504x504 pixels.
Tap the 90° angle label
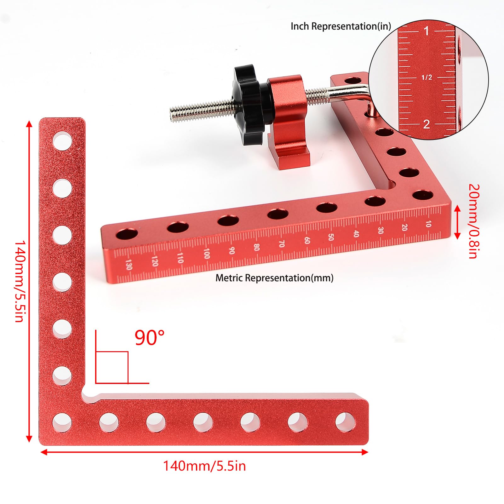[149, 338]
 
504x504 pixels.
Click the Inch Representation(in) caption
[341, 26]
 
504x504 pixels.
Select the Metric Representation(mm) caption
[274, 278]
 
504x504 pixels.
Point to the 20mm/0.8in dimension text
[474, 221]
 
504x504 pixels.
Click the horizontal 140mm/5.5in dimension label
[204, 466]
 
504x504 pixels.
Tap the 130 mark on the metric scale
[128, 264]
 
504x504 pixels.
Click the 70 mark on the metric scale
[282, 243]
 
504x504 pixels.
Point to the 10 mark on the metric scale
[428, 224]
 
